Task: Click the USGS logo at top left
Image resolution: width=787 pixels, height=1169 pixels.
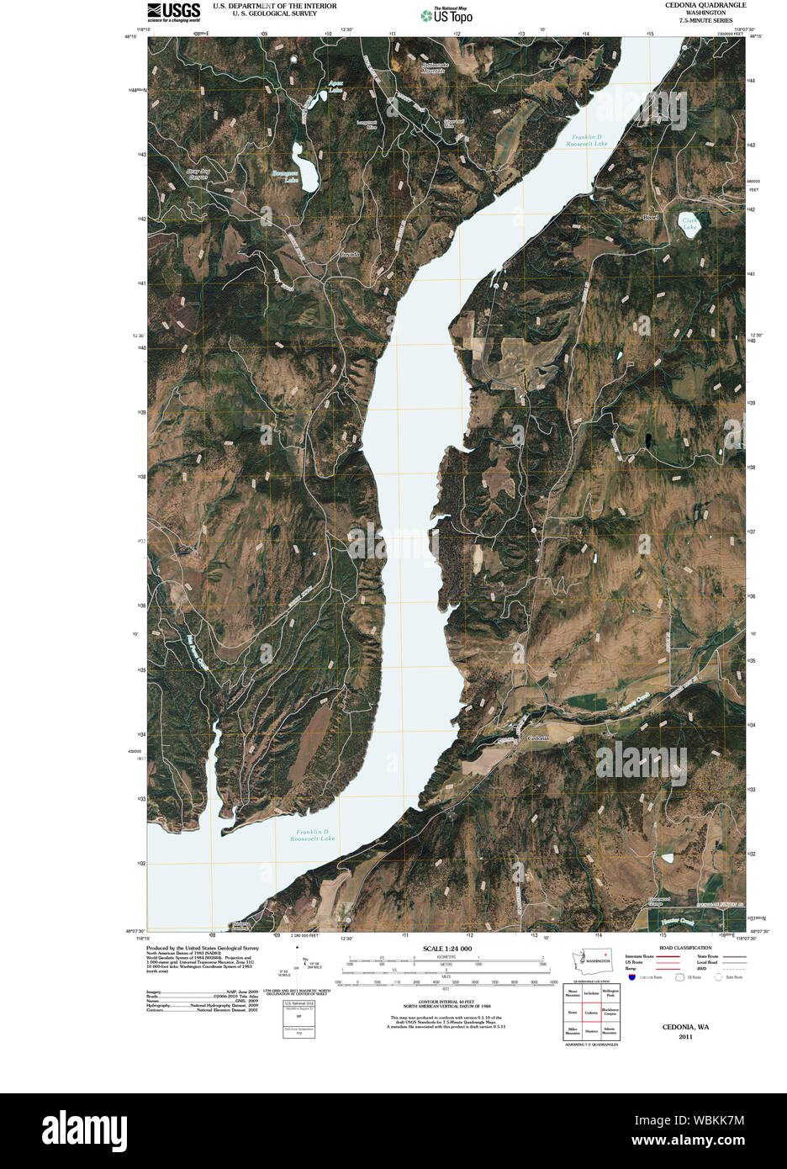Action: (x=174, y=11)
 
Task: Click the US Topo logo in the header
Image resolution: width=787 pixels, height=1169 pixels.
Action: (x=446, y=14)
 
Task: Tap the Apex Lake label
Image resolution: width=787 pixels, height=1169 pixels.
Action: (x=336, y=87)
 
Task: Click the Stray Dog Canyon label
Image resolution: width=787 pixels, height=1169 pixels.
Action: (x=198, y=174)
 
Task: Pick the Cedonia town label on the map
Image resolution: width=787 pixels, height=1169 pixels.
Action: (x=538, y=738)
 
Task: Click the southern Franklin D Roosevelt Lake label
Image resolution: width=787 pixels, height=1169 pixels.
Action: (x=313, y=835)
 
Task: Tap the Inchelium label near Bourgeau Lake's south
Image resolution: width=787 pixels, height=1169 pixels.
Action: (x=349, y=254)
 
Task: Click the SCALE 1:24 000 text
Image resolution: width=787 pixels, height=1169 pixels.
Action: (x=447, y=949)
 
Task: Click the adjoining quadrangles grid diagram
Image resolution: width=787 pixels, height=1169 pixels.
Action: (x=592, y=1013)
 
